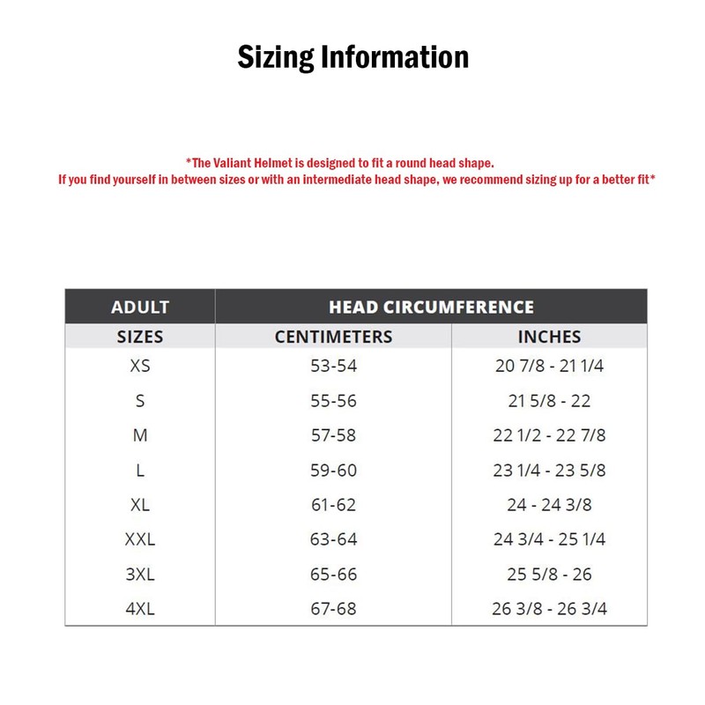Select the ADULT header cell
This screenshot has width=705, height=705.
pyautogui.click(x=140, y=308)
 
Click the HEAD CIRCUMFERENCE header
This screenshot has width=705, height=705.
pyautogui.click(x=431, y=308)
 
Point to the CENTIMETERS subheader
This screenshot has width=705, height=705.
pyautogui.click(x=333, y=337)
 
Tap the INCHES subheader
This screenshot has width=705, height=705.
pyautogui.click(x=549, y=337)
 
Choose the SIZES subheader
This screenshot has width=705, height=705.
pyautogui.click(x=140, y=337)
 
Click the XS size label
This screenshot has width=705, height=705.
pyautogui.click(x=140, y=366)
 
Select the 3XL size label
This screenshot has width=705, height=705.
pyautogui.click(x=140, y=575)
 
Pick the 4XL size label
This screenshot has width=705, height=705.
pyautogui.click(x=140, y=609)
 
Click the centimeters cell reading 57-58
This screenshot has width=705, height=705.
pyautogui.click(x=333, y=435)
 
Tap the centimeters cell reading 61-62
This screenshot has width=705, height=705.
pyautogui.click(x=333, y=505)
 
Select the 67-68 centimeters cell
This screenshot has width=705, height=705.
pyautogui.click(x=333, y=609)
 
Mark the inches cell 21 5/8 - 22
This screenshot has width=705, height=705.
pyautogui.click(x=549, y=401)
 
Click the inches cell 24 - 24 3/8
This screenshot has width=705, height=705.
pyautogui.click(x=549, y=505)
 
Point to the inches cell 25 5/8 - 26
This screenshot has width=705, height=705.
pyautogui.click(x=549, y=575)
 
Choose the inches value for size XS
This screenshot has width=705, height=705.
pyautogui.click(x=549, y=366)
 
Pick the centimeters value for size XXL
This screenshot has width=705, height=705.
pyautogui.click(x=333, y=539)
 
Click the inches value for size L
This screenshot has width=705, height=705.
pyautogui.click(x=549, y=471)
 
